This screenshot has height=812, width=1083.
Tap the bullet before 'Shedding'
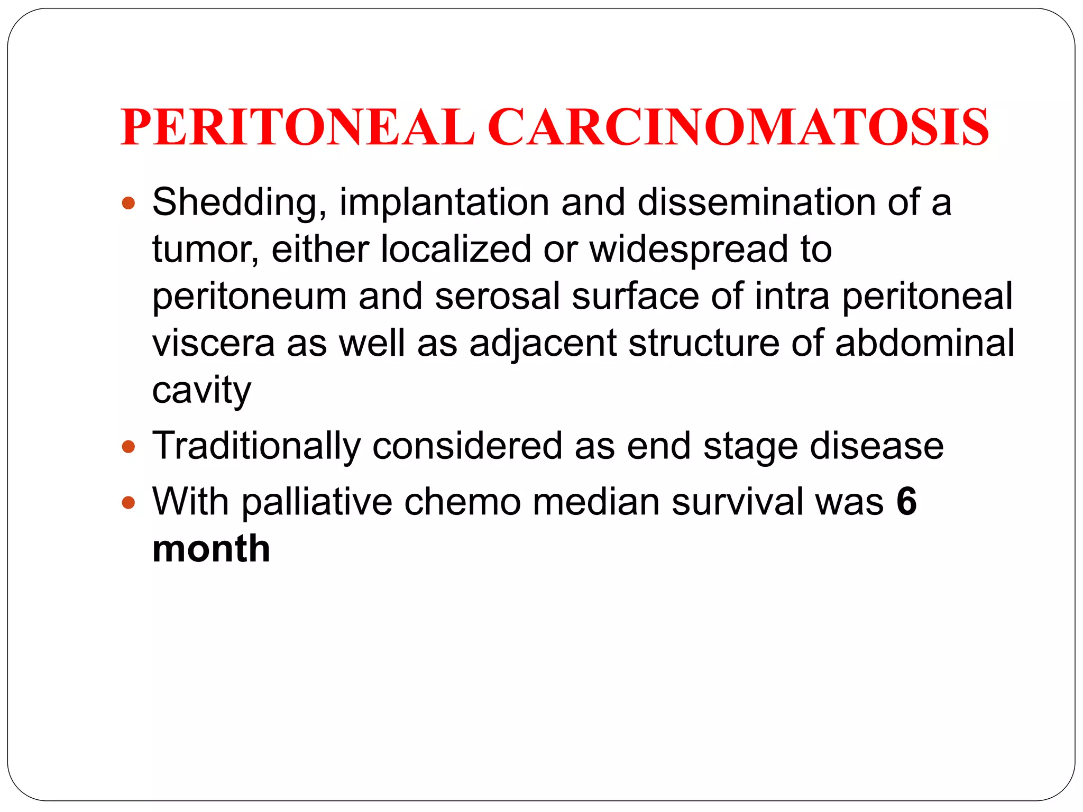(129, 203)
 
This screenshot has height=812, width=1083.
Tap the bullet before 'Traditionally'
(129, 447)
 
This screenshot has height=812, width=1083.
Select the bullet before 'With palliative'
(129, 502)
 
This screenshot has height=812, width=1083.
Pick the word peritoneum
(249, 297)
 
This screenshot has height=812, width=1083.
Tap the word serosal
(497, 296)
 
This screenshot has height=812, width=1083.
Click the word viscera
(214, 344)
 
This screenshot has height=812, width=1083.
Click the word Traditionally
(256, 447)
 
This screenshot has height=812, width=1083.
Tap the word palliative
(317, 502)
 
